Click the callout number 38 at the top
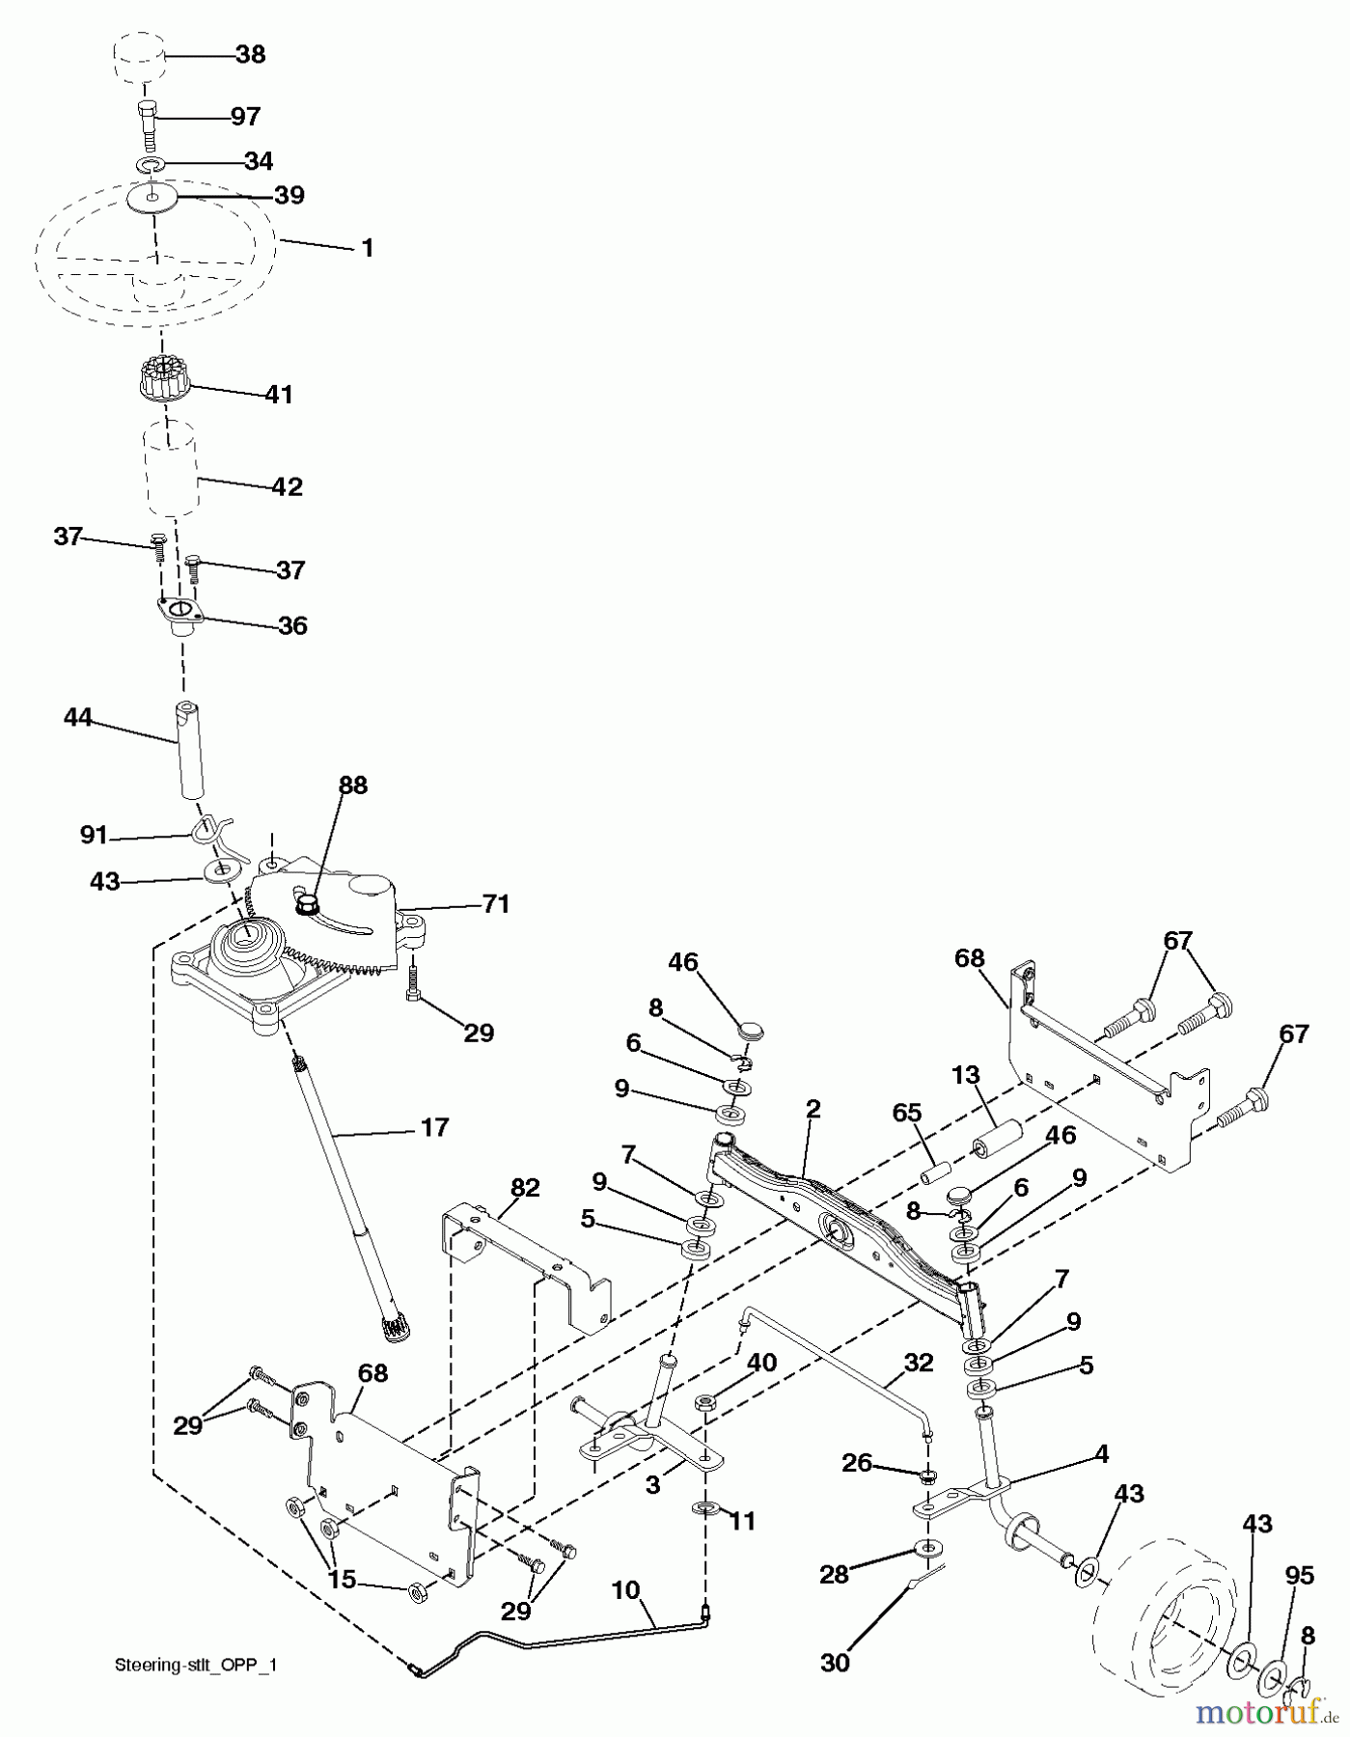tap(250, 55)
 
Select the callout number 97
tap(245, 117)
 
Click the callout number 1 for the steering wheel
tap(367, 248)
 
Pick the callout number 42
tap(287, 487)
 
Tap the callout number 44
tap(78, 718)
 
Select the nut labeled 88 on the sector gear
tap(307, 906)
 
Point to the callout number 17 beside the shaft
tap(435, 1127)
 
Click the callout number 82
tap(527, 1188)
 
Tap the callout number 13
tap(965, 1075)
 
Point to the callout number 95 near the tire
tap(1299, 1576)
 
